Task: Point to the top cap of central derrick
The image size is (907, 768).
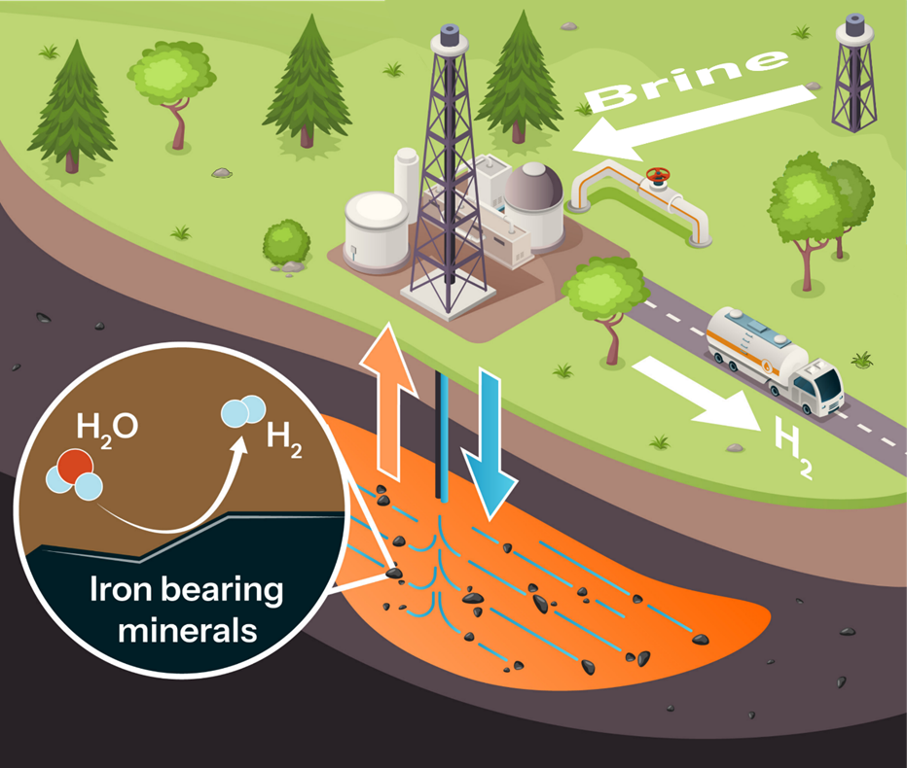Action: pos(450,35)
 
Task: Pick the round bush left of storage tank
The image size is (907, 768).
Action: pos(286,241)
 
